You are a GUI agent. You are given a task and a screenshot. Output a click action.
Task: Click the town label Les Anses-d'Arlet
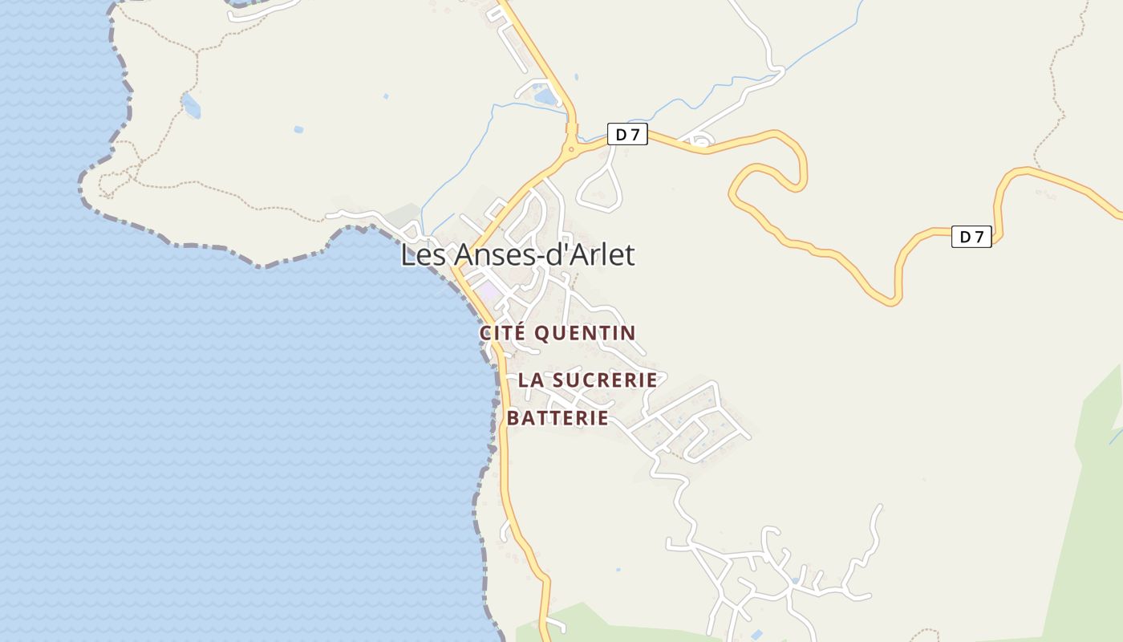click(517, 255)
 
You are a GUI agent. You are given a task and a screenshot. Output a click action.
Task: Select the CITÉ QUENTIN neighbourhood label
click(557, 332)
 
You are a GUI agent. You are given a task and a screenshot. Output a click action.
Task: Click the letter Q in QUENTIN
click(542, 332)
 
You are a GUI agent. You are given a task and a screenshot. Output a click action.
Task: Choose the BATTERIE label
click(557, 418)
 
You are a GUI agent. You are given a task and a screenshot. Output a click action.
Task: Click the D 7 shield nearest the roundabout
click(626, 135)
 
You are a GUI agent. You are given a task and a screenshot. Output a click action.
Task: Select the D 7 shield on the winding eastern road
click(971, 237)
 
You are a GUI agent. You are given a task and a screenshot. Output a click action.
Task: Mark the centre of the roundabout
click(571, 148)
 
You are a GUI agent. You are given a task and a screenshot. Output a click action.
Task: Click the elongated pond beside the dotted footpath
click(191, 105)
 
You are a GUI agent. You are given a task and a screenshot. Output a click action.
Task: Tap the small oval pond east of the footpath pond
click(298, 129)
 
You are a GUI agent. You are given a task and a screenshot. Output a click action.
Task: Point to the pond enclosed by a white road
click(545, 96)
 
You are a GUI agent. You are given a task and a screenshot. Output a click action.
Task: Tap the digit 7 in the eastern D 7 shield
click(978, 237)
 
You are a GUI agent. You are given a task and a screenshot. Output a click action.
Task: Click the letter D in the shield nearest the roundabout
click(620, 135)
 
